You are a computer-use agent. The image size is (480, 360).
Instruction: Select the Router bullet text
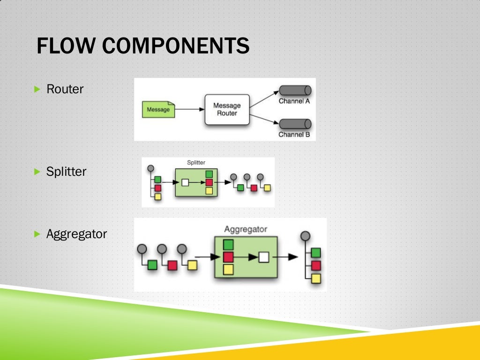tap(65, 89)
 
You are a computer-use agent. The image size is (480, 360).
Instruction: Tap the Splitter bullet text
tap(66, 172)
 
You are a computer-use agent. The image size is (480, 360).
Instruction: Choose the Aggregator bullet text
tap(76, 233)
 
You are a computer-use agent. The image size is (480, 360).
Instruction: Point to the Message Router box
tap(227, 109)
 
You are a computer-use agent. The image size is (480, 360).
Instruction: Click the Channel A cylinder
tap(295, 90)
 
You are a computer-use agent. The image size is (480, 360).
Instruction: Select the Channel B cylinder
tap(295, 124)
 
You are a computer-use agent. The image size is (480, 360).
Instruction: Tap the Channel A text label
tap(294, 101)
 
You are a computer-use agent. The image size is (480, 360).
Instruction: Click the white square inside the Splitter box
tap(185, 182)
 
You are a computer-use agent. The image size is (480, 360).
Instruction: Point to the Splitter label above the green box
tap(196, 163)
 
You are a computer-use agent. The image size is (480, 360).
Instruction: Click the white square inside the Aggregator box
tap(264, 257)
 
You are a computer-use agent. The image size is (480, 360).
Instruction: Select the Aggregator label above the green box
tap(245, 229)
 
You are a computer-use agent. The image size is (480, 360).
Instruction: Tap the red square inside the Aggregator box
tap(228, 257)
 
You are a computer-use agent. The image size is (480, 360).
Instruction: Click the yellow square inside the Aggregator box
tap(228, 270)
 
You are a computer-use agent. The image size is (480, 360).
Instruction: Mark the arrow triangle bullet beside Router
tap(38, 89)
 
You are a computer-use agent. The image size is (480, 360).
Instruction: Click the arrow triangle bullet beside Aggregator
tap(38, 233)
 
